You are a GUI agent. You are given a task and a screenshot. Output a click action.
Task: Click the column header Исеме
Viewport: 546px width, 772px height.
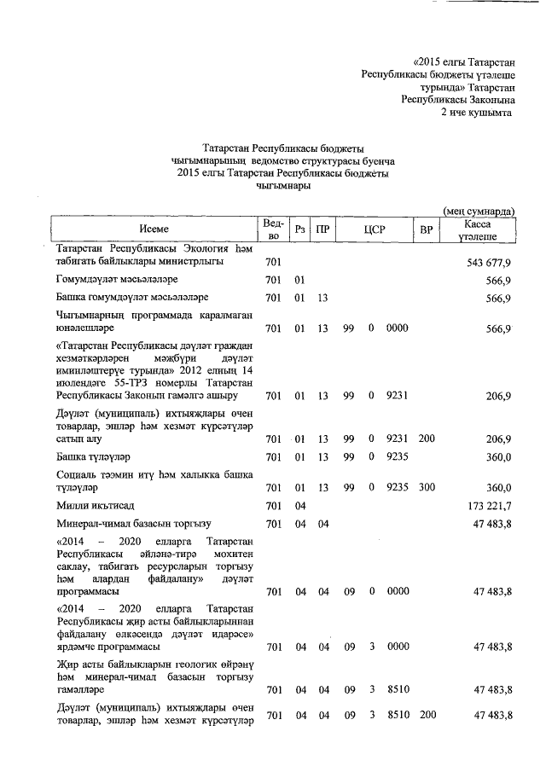point(154,229)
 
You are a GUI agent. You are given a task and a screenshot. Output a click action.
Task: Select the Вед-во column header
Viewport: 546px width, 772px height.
point(273,229)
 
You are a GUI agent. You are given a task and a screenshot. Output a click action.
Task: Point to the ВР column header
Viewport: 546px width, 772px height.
point(427,229)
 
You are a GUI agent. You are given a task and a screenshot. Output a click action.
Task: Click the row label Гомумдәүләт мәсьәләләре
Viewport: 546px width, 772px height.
point(116,280)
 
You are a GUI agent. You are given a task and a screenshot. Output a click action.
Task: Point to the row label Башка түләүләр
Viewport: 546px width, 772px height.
point(92,456)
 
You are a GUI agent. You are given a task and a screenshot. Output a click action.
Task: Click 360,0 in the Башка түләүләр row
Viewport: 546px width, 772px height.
point(497,456)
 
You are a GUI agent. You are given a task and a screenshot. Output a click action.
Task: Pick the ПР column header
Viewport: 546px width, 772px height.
point(322,229)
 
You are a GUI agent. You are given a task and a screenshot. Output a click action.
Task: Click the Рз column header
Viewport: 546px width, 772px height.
point(299,229)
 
